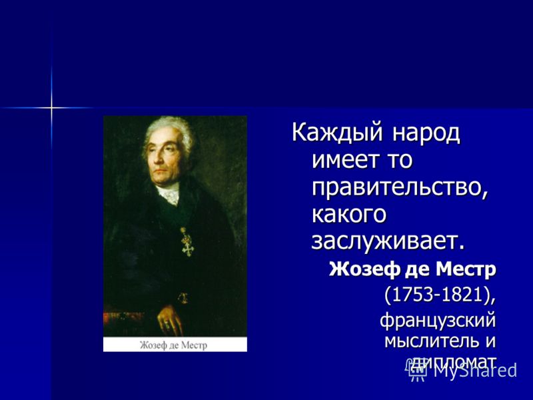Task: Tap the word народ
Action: click(x=426, y=133)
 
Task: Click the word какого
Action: click(x=349, y=215)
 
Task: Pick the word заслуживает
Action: click(x=388, y=241)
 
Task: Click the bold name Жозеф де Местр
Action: click(x=412, y=270)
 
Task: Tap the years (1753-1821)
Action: click(x=440, y=295)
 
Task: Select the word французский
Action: click(x=438, y=321)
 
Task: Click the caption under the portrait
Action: click(x=173, y=345)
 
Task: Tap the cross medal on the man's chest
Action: click(x=187, y=242)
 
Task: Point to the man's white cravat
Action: click(x=169, y=193)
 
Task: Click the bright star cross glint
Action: click(x=51, y=108)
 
